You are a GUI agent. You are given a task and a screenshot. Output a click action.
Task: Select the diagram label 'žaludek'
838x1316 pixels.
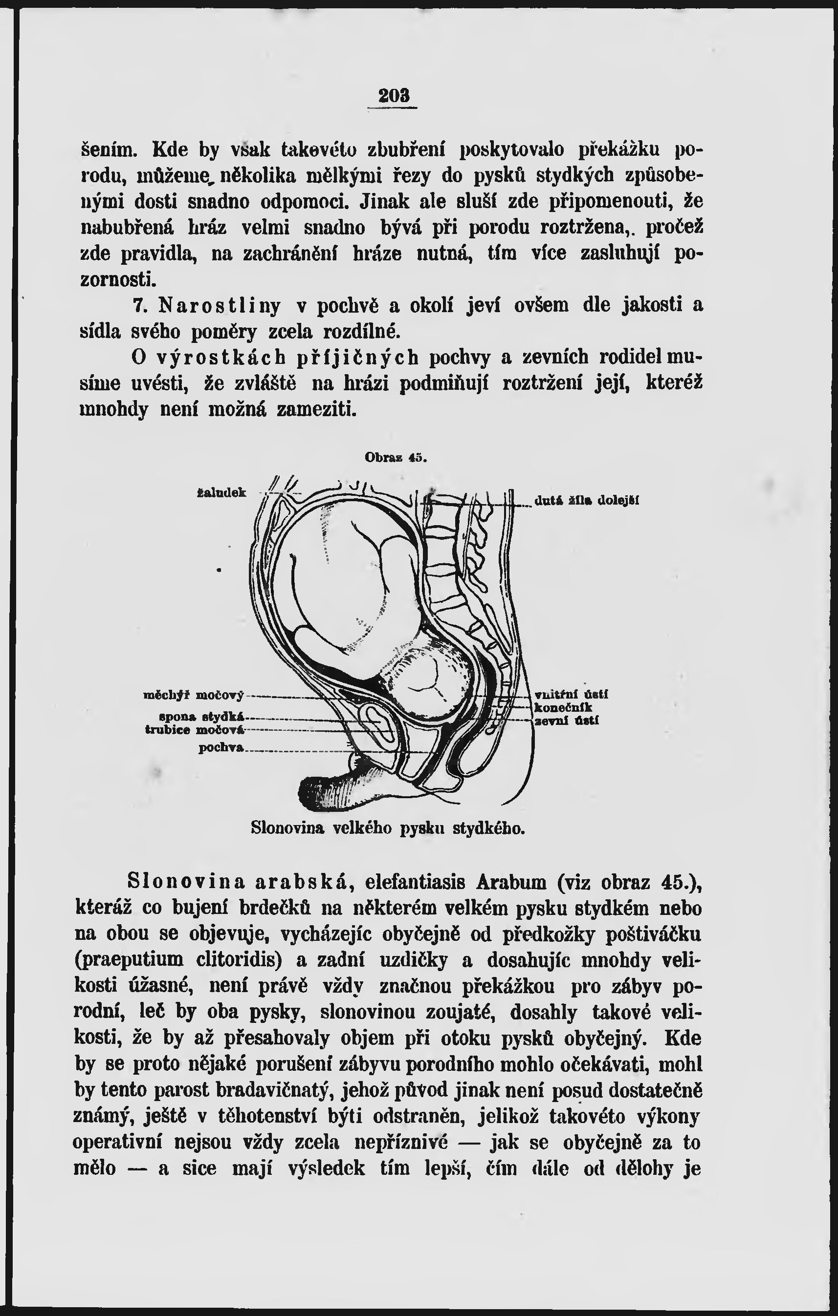pyautogui.click(x=221, y=493)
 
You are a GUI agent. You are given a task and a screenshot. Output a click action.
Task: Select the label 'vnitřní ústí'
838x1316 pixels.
pyautogui.click(x=571, y=695)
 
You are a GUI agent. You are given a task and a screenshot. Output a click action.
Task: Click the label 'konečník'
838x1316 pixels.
pyautogui.click(x=563, y=708)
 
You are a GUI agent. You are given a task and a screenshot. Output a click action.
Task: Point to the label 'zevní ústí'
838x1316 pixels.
pyautogui.click(x=566, y=721)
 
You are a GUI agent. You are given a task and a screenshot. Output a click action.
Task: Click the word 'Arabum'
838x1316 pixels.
pyautogui.click(x=511, y=882)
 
